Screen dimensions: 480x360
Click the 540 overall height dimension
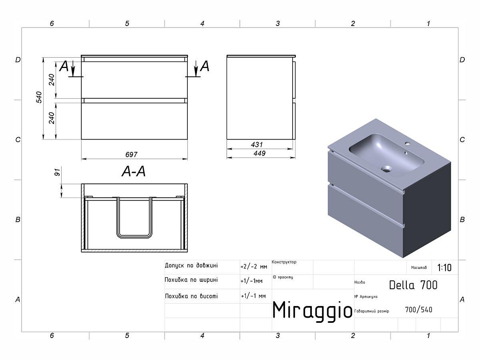(x=39, y=97)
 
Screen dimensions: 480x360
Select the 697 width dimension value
(x=131, y=154)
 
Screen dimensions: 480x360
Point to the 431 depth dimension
(x=257, y=144)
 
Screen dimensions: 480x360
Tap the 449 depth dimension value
(x=259, y=153)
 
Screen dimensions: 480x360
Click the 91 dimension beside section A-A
(x=57, y=172)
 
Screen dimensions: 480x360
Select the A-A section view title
(x=134, y=171)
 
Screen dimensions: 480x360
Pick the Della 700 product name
(x=413, y=285)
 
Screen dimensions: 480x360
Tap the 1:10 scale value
(x=444, y=268)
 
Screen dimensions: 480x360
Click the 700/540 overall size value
(x=418, y=310)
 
